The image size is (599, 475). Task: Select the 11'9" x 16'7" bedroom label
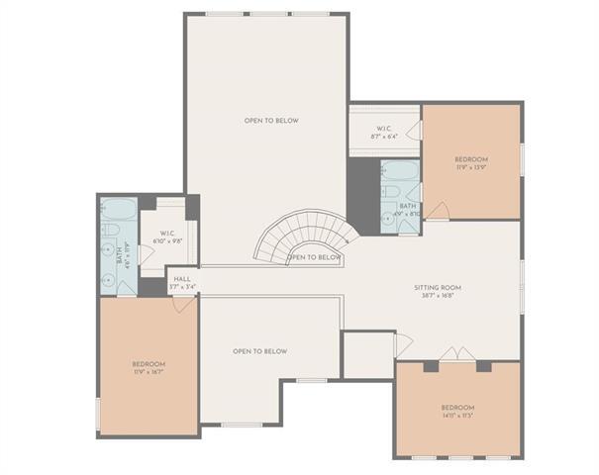149,368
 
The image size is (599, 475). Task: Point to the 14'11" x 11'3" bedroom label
457,412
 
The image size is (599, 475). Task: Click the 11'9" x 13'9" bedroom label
471,163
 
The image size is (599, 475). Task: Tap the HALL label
182,283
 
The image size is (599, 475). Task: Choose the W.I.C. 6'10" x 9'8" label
166,237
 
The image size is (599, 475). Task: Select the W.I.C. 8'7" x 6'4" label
384,134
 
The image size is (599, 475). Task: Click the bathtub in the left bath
119,209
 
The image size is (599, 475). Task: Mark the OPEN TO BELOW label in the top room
271,121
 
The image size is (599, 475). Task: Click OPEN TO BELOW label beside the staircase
314,257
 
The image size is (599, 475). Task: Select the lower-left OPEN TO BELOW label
259,351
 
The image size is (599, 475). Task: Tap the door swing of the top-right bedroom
438,212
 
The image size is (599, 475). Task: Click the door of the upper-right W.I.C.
417,131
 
